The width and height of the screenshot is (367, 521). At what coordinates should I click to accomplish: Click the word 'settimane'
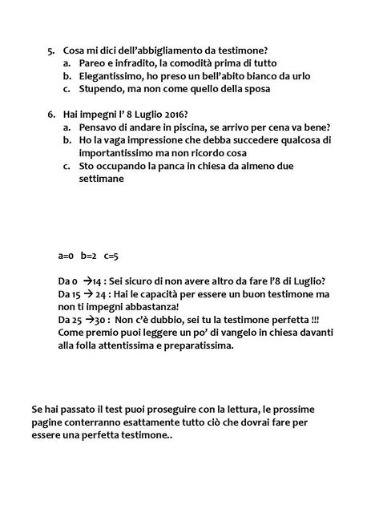coord(103,180)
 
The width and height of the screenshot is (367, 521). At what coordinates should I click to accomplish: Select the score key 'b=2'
coord(89,256)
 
